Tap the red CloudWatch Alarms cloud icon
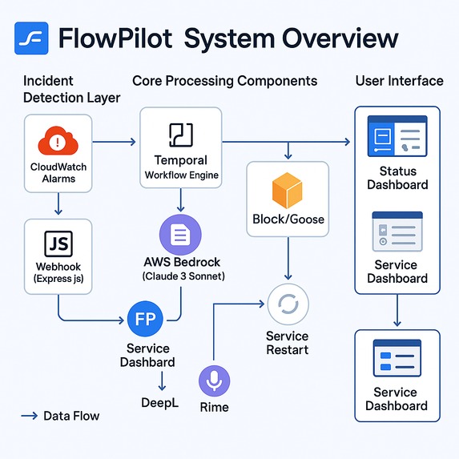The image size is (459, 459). tap(58, 143)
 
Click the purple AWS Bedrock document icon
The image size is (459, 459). tap(180, 235)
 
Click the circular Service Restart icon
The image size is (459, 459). tap(287, 304)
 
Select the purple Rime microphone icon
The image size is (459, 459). tap(214, 381)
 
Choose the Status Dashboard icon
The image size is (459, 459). tap(397, 137)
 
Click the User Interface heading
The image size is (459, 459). tap(398, 81)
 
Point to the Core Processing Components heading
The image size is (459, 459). tap(224, 81)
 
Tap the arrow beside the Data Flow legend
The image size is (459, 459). tap(30, 416)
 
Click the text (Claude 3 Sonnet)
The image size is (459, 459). tap(183, 276)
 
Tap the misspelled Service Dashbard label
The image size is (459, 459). tap(147, 355)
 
